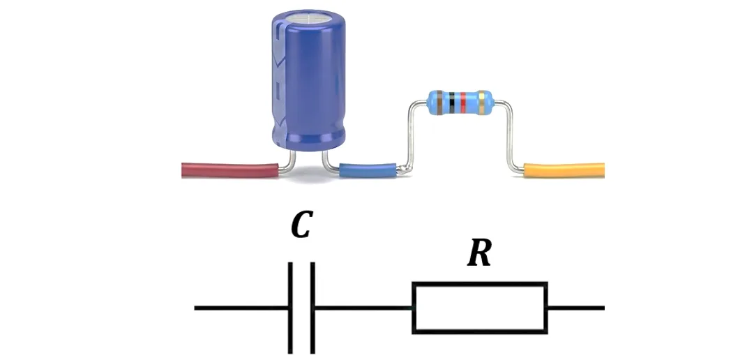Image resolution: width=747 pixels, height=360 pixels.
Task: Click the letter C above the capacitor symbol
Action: click(x=301, y=227)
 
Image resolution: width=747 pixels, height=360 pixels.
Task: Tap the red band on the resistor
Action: click(x=463, y=103)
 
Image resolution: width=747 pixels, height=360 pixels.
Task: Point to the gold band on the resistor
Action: click(x=483, y=103)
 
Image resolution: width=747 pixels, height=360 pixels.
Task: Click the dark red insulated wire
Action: click(x=229, y=170)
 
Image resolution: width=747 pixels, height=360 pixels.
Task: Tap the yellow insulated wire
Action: click(x=564, y=170)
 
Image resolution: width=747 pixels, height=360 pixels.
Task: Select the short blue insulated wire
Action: click(x=368, y=170)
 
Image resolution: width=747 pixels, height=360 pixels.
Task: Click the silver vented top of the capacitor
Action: click(x=308, y=18)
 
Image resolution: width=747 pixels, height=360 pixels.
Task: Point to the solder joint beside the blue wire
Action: click(x=403, y=169)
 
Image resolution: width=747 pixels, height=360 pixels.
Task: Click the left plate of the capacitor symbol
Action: click(x=290, y=308)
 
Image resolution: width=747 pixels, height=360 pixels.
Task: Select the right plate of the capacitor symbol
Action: click(x=312, y=308)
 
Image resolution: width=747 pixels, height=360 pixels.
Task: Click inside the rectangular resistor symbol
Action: click(x=480, y=308)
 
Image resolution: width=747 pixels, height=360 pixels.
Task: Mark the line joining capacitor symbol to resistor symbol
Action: click(x=363, y=308)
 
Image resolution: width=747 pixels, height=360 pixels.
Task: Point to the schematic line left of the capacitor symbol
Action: click(x=241, y=308)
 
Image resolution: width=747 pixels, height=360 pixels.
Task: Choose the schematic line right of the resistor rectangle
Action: click(x=576, y=308)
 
